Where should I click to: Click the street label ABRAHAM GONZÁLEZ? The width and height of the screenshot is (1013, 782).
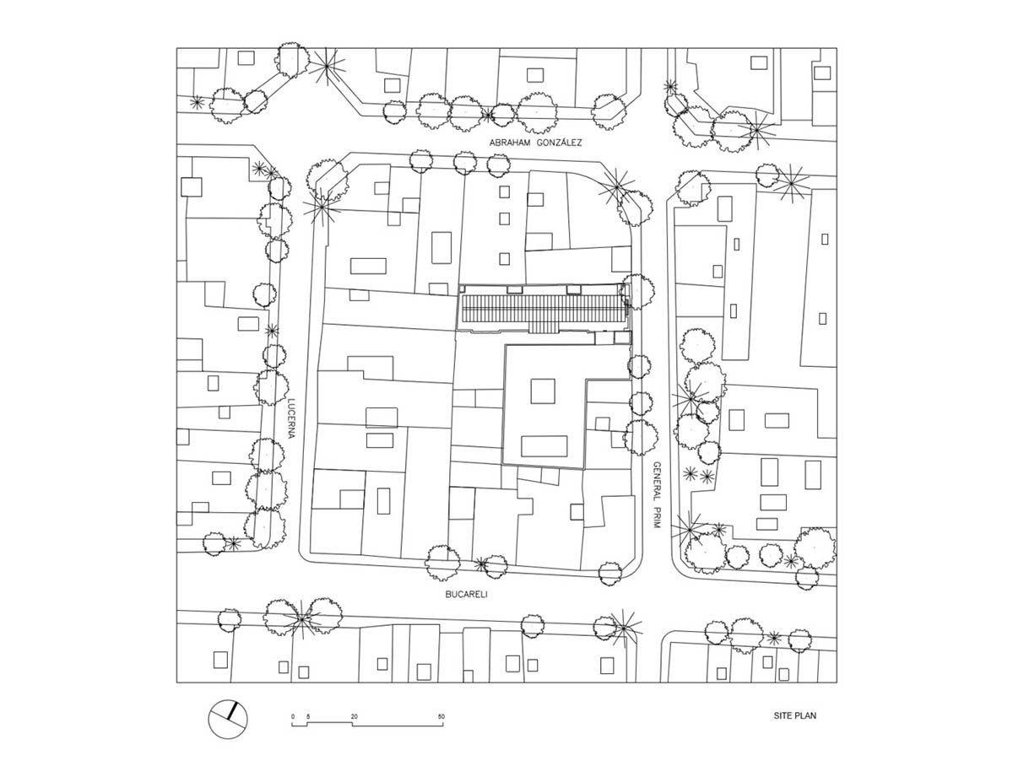click(x=536, y=143)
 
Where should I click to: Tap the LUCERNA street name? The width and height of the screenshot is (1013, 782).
click(x=292, y=418)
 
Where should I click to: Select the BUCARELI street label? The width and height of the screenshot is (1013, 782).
click(x=467, y=595)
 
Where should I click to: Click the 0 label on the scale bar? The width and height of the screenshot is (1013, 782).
click(x=292, y=716)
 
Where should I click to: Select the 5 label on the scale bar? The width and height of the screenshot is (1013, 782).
click(x=307, y=716)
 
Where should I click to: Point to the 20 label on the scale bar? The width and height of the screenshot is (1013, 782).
click(x=355, y=716)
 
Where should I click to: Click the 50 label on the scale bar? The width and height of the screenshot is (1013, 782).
click(x=441, y=716)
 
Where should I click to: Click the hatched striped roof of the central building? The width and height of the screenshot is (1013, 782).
click(x=542, y=310)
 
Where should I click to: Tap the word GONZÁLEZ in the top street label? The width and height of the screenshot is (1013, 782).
click(x=560, y=143)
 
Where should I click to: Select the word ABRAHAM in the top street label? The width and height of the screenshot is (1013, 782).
click(x=510, y=143)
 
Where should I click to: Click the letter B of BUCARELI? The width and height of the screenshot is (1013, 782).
click(x=448, y=595)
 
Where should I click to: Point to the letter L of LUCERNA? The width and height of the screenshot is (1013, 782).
click(x=292, y=401)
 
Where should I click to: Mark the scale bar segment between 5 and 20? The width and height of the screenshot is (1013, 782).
click(x=329, y=723)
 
